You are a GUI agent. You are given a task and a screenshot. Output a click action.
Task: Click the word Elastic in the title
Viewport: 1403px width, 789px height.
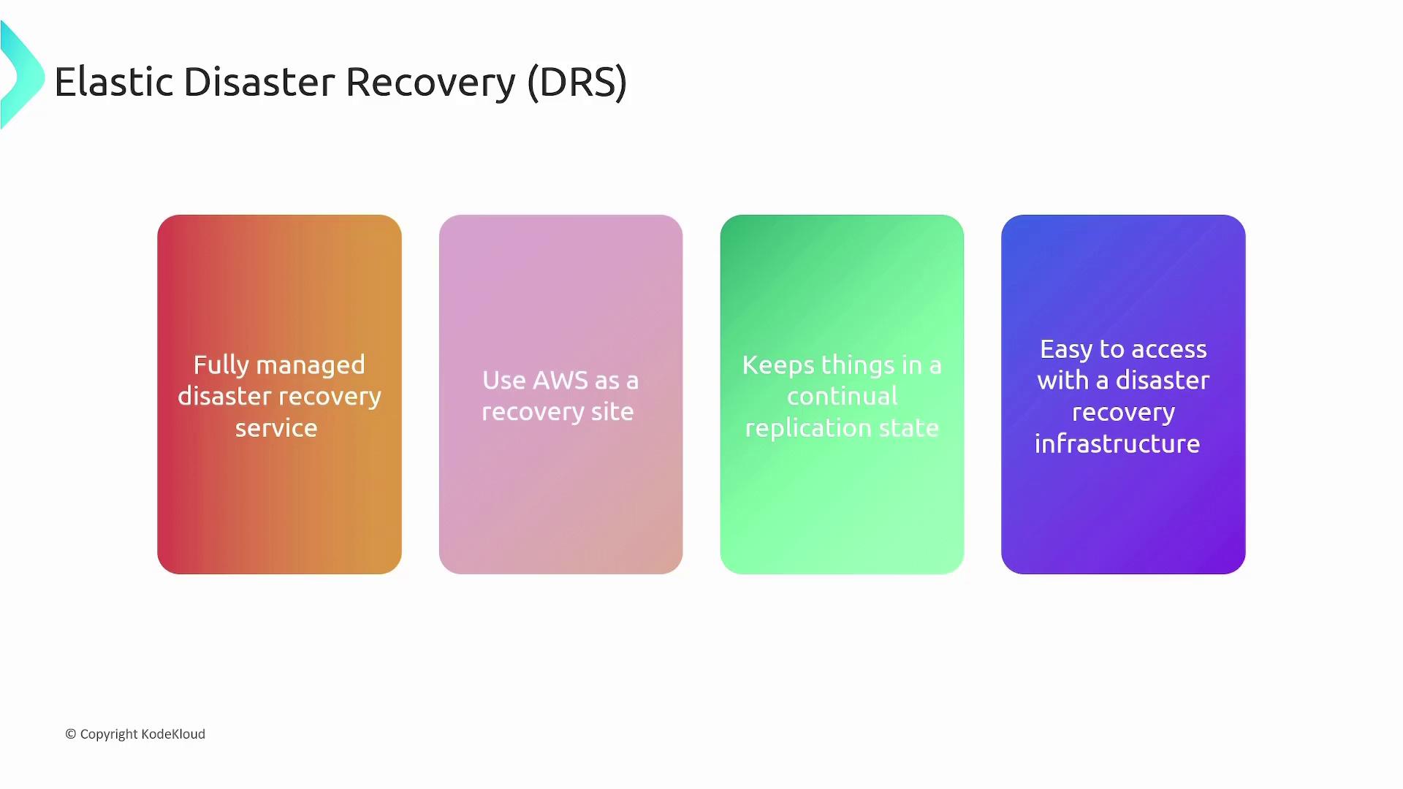coord(114,82)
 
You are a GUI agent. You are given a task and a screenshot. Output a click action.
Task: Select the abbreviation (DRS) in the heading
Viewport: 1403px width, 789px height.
coord(577,83)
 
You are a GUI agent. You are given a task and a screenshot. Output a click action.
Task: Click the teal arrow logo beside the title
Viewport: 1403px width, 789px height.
coord(22,75)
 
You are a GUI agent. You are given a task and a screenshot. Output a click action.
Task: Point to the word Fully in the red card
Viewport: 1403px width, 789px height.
coord(221,365)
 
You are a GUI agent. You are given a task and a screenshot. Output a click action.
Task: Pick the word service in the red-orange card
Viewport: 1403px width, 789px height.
coord(276,428)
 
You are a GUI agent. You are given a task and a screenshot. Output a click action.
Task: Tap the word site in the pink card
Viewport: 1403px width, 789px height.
coord(612,412)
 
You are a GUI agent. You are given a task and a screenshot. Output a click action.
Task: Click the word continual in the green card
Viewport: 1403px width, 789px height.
coord(843,397)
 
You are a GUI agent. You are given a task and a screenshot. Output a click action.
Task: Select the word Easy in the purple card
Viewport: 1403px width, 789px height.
coord(1067,350)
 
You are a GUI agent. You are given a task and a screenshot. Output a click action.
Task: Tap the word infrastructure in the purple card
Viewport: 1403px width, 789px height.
coord(1117,443)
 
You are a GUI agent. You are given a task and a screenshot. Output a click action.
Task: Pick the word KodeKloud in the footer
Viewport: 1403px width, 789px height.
coord(173,734)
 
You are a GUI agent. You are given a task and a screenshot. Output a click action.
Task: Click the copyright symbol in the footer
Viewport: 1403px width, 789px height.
coord(71,734)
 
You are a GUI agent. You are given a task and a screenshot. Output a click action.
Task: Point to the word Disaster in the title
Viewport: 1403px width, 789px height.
coord(259,82)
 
